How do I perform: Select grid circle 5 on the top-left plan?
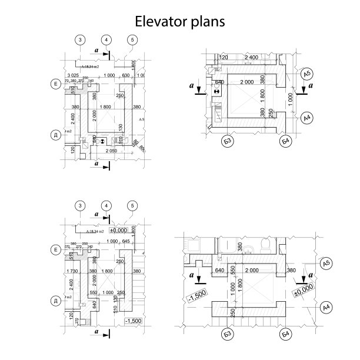point(132,40)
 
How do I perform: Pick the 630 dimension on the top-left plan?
point(125,76)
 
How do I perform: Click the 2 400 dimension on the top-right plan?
point(251,57)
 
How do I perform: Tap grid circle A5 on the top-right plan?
point(306,74)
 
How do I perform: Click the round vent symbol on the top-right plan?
point(216,92)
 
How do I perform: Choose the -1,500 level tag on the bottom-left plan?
point(134,321)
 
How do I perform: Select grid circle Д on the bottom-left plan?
point(55,301)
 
